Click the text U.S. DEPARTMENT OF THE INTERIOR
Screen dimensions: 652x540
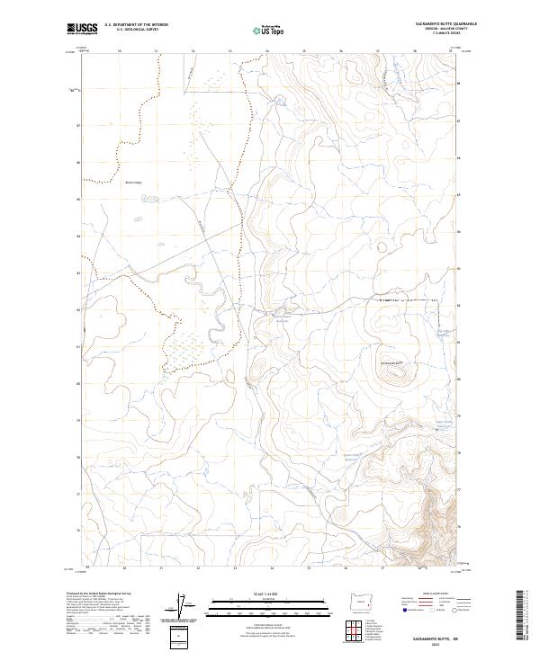[136, 24]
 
